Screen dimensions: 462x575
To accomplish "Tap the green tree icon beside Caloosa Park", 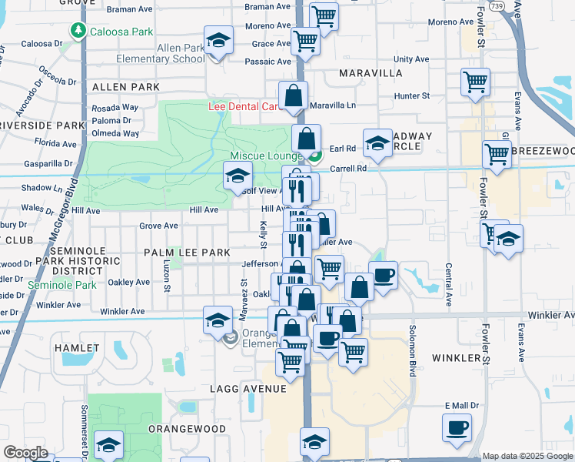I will (78, 31).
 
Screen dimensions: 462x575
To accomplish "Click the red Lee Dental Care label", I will (243, 105).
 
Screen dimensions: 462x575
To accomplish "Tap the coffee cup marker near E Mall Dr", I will (457, 427).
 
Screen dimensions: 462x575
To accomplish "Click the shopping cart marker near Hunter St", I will (476, 81).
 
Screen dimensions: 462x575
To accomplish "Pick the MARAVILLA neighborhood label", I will (370, 73).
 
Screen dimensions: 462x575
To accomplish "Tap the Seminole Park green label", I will (63, 285).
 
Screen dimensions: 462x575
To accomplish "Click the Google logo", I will (26, 453).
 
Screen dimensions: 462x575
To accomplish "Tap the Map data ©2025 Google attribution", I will (527, 456).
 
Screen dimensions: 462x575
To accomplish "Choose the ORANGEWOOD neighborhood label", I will (187, 429).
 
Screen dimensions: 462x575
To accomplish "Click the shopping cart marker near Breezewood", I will (497, 154).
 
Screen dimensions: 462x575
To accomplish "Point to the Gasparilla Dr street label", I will (47, 163).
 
